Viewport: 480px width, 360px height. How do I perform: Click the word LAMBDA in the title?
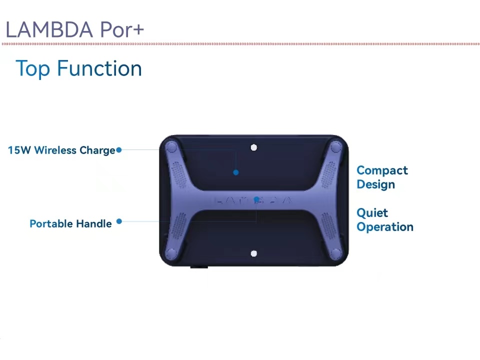point(49,29)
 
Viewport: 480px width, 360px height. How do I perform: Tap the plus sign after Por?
point(136,30)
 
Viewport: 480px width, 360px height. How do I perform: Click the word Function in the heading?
point(99,68)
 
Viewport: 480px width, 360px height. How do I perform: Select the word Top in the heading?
point(33,69)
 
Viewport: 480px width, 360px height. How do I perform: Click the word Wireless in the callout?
point(55,150)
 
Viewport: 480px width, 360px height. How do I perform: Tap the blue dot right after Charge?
point(119,149)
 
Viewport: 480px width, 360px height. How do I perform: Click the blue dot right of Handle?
point(119,221)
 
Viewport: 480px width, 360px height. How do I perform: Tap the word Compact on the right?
point(382,170)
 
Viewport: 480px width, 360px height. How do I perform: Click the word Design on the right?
point(376,184)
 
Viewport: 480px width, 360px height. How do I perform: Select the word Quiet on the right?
point(372,212)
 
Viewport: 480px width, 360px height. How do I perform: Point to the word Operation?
point(385,227)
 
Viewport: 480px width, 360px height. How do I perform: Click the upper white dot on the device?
point(254,147)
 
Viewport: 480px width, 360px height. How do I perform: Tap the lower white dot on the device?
point(254,253)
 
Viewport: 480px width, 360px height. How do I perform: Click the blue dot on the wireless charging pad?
point(235,172)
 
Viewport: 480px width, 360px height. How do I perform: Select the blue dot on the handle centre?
point(256,199)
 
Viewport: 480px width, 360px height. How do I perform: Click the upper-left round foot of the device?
point(171,147)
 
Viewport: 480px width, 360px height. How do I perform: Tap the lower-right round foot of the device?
point(336,253)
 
